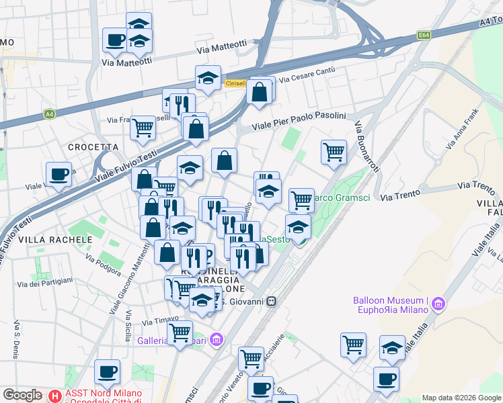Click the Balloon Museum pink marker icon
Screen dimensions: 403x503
click(x=439, y=304)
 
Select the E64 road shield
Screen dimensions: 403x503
click(x=424, y=35)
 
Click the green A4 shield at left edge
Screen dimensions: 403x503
click(x=49, y=114)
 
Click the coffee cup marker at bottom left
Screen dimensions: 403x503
click(x=107, y=371)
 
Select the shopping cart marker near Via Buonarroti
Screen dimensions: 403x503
click(x=334, y=152)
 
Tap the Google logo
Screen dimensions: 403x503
click(x=23, y=395)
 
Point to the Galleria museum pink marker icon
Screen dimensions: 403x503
click(x=216, y=341)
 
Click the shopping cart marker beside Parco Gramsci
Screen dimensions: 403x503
click(x=301, y=199)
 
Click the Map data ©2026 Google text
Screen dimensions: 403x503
click(x=461, y=398)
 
